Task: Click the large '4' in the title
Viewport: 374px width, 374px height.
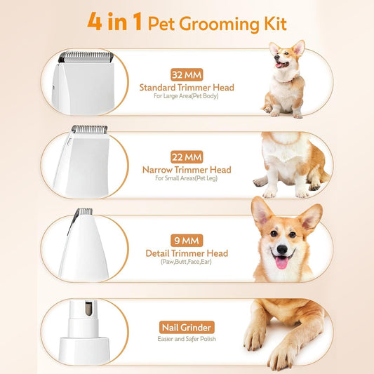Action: [x=95, y=21]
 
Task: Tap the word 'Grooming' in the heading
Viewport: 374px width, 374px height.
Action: [x=219, y=25]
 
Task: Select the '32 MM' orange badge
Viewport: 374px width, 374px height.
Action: [x=187, y=75]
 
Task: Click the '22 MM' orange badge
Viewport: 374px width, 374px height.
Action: [x=187, y=157]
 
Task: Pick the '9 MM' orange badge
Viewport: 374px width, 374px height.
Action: [x=187, y=241]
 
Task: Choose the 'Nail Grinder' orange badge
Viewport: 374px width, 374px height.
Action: [x=187, y=328]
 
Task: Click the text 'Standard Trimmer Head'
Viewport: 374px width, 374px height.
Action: [x=187, y=88]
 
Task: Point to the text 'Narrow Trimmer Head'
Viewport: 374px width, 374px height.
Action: [x=187, y=170]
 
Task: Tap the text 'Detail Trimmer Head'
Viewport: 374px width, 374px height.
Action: [x=187, y=253]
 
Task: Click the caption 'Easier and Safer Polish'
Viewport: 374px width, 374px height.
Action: [x=187, y=339]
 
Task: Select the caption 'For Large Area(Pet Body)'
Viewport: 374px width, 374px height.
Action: [x=186, y=96]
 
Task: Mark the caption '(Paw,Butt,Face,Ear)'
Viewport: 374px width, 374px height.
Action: [x=186, y=262]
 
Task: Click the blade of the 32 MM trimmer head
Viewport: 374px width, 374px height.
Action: [x=86, y=57]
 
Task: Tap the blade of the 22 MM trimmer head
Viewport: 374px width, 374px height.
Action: [x=89, y=129]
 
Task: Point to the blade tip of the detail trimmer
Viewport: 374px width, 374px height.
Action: [x=86, y=211]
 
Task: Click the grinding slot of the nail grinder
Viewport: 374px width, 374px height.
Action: [x=88, y=308]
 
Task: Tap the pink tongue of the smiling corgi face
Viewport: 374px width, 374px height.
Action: [x=281, y=262]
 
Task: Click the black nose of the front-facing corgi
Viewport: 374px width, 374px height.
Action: [x=282, y=249]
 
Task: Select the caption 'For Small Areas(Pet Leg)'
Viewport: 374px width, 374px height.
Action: [x=186, y=178]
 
